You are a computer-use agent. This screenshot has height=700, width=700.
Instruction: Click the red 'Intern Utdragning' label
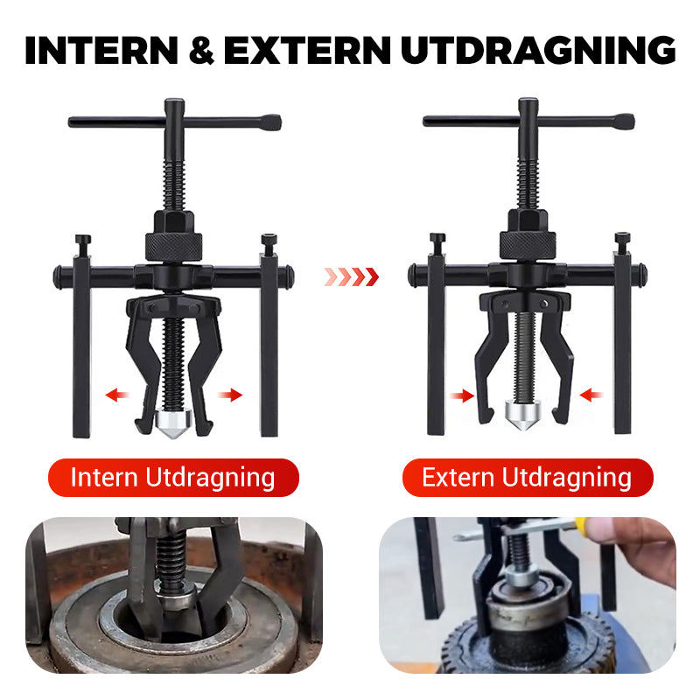[172, 478]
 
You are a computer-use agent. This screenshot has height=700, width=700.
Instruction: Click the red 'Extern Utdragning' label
[527, 478]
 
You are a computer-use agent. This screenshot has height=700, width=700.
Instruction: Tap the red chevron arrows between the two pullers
[351, 277]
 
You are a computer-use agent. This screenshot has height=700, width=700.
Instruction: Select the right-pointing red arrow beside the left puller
[230, 395]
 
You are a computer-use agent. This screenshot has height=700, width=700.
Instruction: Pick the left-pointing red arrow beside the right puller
[591, 395]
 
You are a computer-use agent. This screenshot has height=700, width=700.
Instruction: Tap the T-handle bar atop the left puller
[175, 121]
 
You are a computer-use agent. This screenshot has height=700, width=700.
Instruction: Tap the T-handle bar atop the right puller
[528, 121]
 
